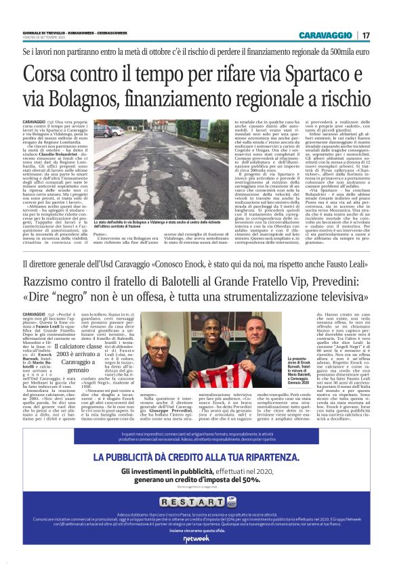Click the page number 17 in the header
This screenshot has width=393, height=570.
[x=366, y=35]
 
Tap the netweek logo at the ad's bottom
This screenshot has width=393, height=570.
[x=196, y=538]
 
